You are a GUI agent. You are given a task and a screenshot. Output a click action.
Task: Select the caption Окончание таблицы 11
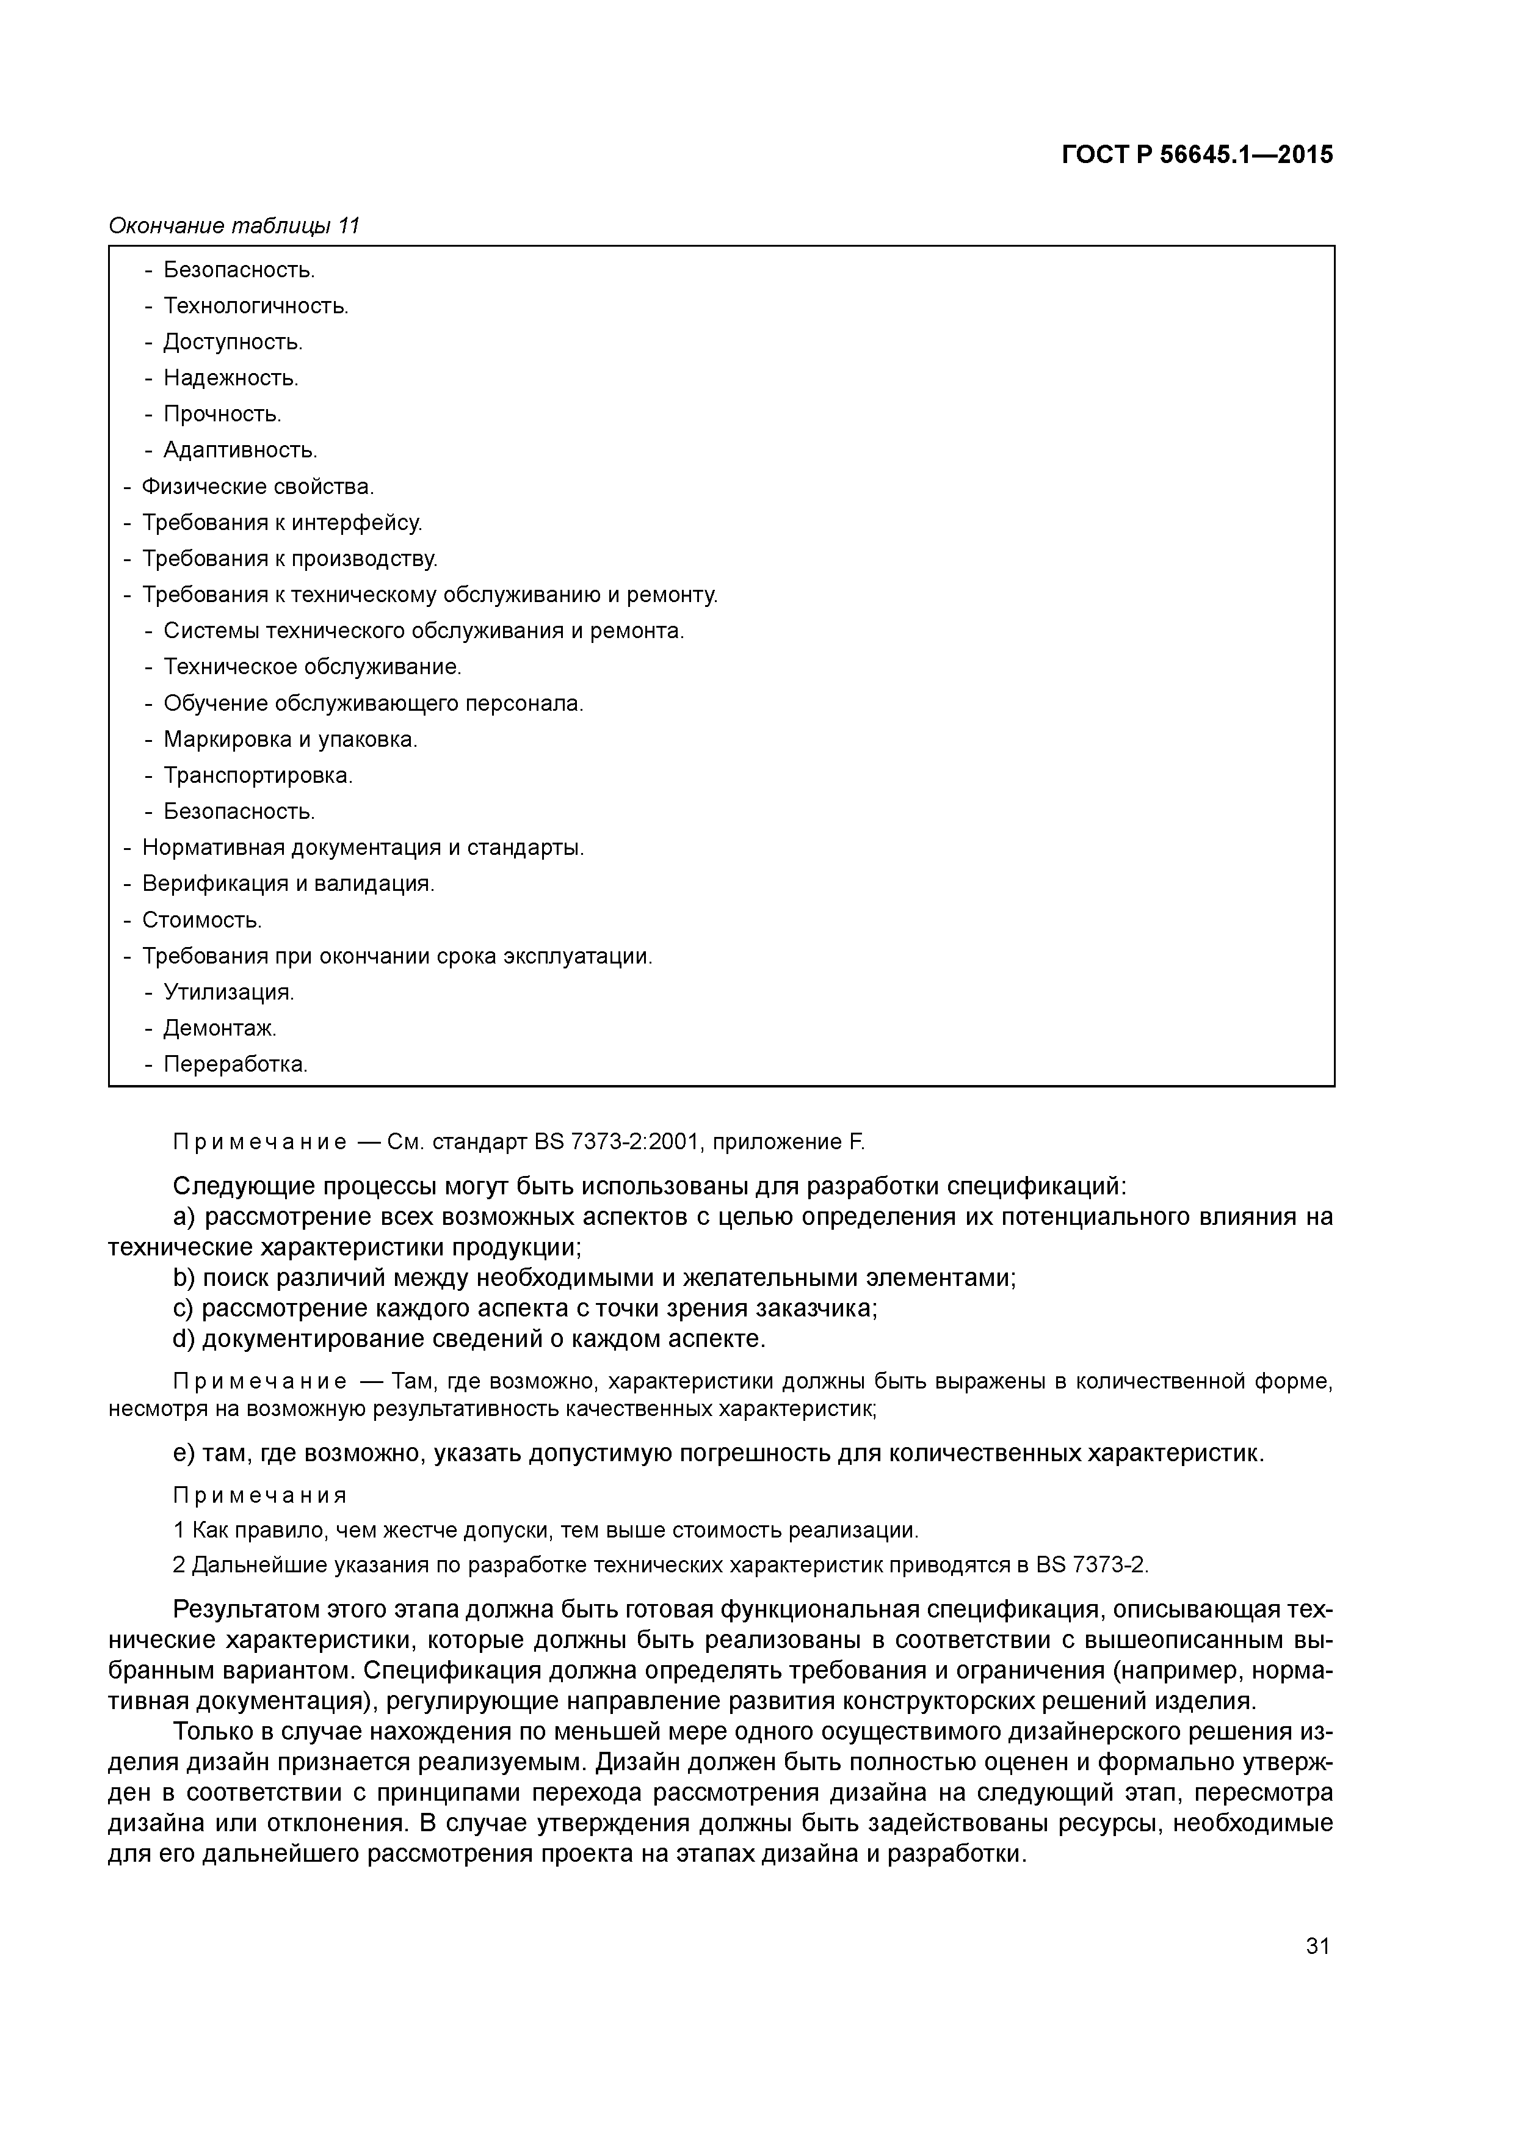pyautogui.click(x=234, y=226)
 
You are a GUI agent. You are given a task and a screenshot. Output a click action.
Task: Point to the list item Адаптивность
pyautogui.click(x=240, y=451)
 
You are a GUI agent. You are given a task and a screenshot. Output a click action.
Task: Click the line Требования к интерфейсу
pyautogui.click(x=281, y=523)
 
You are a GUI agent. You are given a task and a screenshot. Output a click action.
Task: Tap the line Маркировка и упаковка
pyautogui.click(x=290, y=740)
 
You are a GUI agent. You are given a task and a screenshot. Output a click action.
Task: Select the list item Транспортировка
pyautogui.click(x=258, y=775)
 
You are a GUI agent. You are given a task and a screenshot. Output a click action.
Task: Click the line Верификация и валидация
pyautogui.click(x=288, y=884)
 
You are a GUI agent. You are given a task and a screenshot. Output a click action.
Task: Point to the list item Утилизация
pyautogui.click(x=228, y=993)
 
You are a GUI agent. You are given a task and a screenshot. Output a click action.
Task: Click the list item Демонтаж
pyautogui.click(x=220, y=1028)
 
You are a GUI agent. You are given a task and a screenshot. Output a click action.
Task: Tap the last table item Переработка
pyautogui.click(x=235, y=1064)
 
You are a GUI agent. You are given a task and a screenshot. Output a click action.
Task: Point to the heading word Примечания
pyautogui.click(x=260, y=1495)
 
